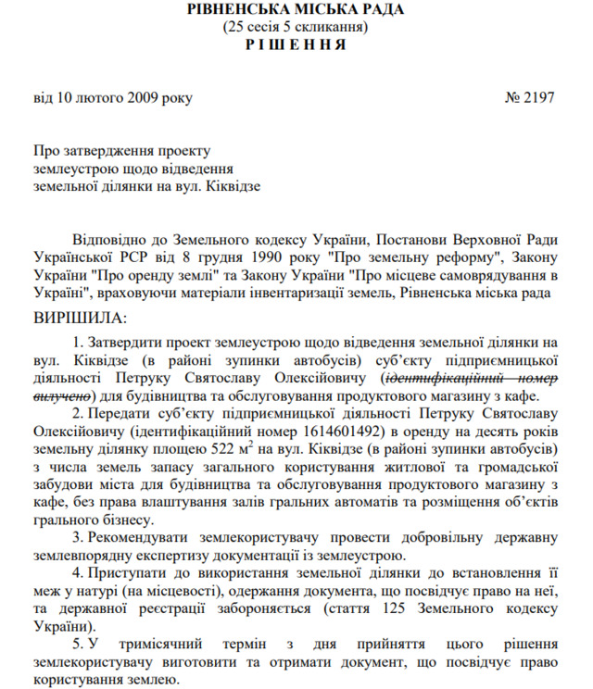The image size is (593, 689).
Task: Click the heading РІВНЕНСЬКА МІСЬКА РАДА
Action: click(x=296, y=9)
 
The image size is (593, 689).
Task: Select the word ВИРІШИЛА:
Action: click(x=79, y=319)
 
